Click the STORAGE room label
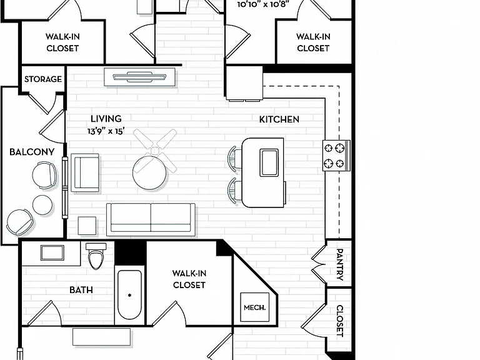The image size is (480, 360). (43, 79)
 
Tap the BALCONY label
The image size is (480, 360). (32, 152)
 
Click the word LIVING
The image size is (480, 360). (106, 119)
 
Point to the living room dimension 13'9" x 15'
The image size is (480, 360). (106, 131)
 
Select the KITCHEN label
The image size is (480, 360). (279, 119)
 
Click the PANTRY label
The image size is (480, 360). (339, 264)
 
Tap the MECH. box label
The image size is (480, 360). (255, 307)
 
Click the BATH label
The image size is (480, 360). (81, 290)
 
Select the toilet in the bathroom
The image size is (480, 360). (96, 256)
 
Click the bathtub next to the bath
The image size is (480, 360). (129, 295)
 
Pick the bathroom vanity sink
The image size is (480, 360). (52, 253)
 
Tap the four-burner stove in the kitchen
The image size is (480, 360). (336, 156)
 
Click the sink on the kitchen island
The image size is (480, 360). (269, 162)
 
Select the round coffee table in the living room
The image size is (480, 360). (150, 172)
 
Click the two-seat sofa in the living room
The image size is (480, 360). (151, 219)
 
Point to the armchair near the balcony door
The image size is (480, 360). (85, 173)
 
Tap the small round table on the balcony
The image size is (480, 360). (42, 205)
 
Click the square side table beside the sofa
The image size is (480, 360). (87, 226)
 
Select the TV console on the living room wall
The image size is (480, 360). (140, 77)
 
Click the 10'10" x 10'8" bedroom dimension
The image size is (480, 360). (263, 4)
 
